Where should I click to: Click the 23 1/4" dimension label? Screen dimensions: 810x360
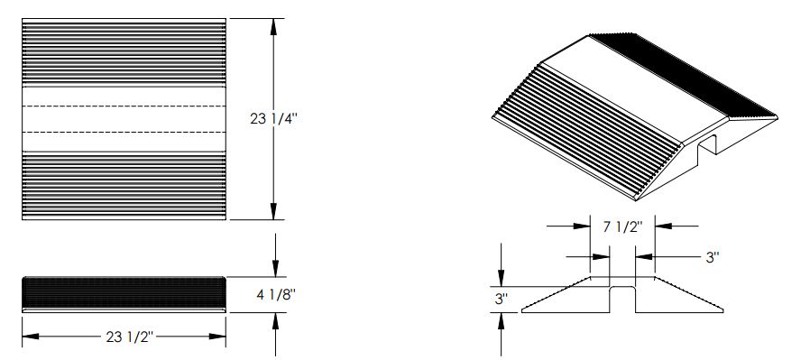273,119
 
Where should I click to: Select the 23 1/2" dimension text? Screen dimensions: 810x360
130,337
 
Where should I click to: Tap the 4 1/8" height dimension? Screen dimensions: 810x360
276,295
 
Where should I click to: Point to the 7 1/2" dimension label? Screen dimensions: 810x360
622,226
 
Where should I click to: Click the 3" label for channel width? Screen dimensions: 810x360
713,257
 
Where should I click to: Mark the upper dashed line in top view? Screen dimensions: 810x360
124,106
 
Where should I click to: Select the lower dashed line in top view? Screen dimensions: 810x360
124,133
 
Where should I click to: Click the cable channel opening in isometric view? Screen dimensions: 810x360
706,145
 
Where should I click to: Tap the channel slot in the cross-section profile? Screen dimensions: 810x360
622,300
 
